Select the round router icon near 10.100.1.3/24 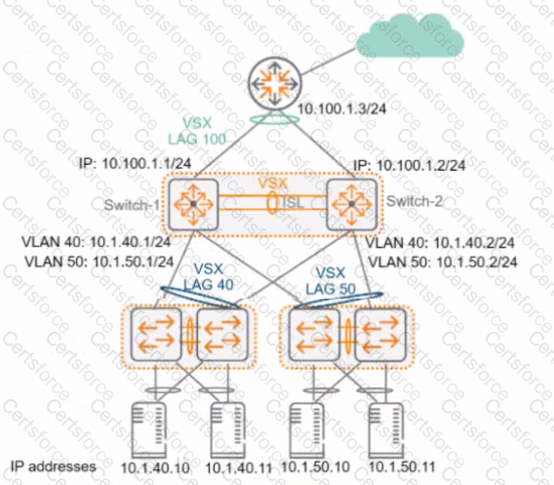(x=275, y=87)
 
